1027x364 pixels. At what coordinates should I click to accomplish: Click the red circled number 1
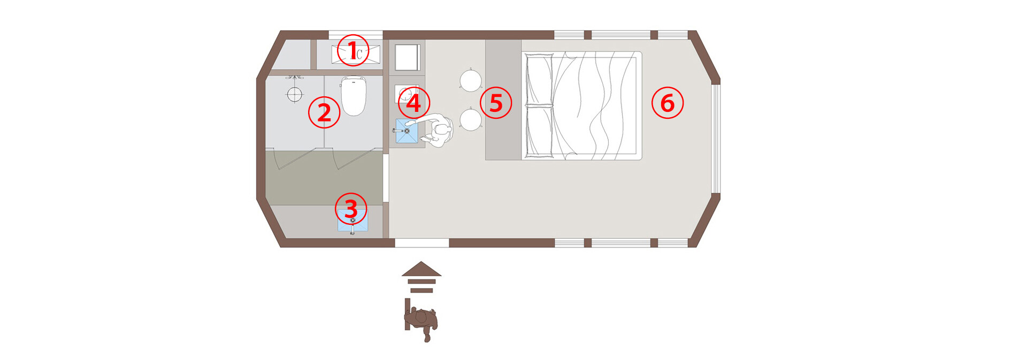pyautogui.click(x=353, y=50)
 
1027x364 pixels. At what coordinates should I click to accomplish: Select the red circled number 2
pyautogui.click(x=324, y=112)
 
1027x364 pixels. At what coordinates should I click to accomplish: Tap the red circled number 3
pyautogui.click(x=351, y=209)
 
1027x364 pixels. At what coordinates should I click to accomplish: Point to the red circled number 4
pyautogui.click(x=414, y=103)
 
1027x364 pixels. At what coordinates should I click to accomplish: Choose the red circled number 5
pyautogui.click(x=496, y=103)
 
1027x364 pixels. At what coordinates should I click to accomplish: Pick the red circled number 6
pyautogui.click(x=668, y=103)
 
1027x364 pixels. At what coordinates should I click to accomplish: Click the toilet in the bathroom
pyautogui.click(x=354, y=96)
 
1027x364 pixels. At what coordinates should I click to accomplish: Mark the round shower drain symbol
pyautogui.click(x=295, y=94)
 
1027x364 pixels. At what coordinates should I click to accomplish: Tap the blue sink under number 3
pyautogui.click(x=352, y=221)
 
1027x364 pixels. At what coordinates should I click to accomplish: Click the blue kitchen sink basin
pyautogui.click(x=407, y=131)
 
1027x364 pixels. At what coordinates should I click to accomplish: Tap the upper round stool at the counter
pyautogui.click(x=471, y=81)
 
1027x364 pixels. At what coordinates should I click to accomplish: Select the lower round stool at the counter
pyautogui.click(x=471, y=119)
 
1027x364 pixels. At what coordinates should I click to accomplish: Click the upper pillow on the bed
pyautogui.click(x=539, y=79)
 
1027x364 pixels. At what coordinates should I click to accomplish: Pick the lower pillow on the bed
pyautogui.click(x=539, y=132)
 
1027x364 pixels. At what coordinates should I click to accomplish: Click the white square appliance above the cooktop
pyautogui.click(x=408, y=57)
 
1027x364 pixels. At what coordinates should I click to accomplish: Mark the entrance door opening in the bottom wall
pyautogui.click(x=422, y=243)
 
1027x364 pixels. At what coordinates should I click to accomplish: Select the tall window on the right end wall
pyautogui.click(x=716, y=138)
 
